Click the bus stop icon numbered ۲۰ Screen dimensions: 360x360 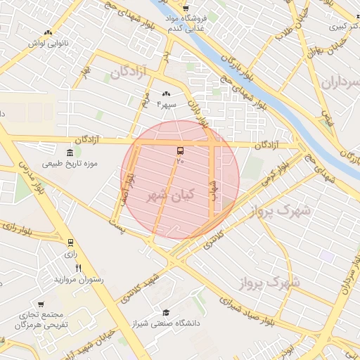coord(180,150)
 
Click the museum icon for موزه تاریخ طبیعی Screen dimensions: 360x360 coord(70,153)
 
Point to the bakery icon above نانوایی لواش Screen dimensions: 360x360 coord(48,32)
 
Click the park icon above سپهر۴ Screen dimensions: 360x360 coord(167,94)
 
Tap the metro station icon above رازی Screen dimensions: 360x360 coord(70,243)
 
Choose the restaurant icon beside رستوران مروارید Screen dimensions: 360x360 coord(79,268)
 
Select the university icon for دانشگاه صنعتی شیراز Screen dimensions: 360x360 coord(166,313)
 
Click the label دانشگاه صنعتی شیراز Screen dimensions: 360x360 coord(166,323)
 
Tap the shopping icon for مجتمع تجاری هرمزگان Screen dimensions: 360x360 coord(42,304)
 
